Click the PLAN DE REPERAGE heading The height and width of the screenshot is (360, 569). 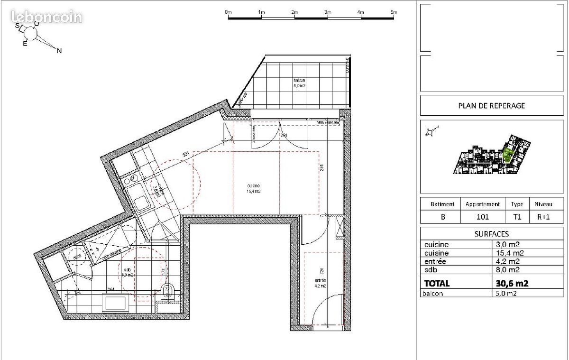[x=491, y=106]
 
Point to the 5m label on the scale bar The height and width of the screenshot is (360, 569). [x=394, y=12]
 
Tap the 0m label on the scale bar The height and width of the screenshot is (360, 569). [x=228, y=12]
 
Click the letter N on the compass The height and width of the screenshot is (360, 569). [x=59, y=51]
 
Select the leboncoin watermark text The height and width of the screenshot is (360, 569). [x=46, y=18]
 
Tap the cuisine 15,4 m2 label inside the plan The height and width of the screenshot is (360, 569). [x=253, y=189]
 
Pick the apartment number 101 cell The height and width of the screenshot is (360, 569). [x=482, y=217]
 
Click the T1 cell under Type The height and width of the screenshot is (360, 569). [x=517, y=217]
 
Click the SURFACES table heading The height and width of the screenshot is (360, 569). [x=491, y=234]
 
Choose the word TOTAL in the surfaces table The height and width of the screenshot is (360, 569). [x=437, y=284]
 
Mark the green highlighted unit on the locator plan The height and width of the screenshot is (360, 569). [x=508, y=154]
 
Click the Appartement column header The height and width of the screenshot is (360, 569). [x=482, y=204]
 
